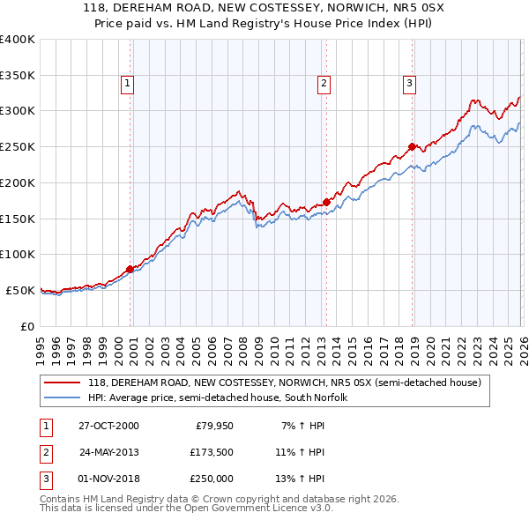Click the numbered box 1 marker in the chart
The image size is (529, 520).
pyautogui.click(x=128, y=84)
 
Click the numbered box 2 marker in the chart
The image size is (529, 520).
pyautogui.click(x=324, y=84)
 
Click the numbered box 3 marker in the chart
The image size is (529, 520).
pyautogui.click(x=410, y=84)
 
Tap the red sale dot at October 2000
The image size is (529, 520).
pyautogui.click(x=130, y=269)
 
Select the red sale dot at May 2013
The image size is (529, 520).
pyautogui.click(x=326, y=202)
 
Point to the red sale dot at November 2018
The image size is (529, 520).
pyautogui.click(x=412, y=146)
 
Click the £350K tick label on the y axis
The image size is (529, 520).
pyautogui.click(x=17, y=75)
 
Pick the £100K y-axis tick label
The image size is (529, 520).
pyautogui.click(x=17, y=254)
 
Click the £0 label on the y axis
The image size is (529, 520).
pyautogui.click(x=26, y=326)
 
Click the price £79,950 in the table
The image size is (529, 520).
pyautogui.click(x=212, y=426)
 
